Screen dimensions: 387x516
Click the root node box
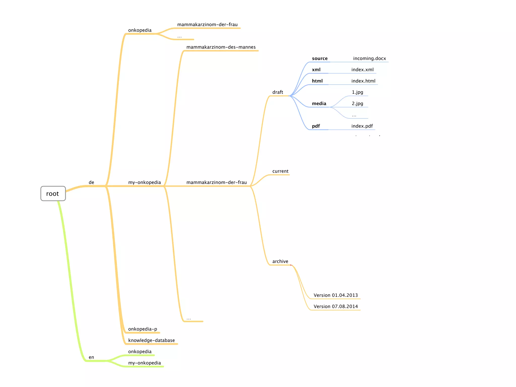[53, 193]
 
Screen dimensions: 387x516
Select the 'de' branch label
[91, 182]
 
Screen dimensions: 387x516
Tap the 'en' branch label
[91, 357]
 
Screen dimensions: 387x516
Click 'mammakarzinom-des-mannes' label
[221, 47]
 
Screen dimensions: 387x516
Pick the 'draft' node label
[278, 92]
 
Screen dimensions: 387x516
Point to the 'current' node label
[280, 171]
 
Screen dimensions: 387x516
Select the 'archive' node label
[280, 262]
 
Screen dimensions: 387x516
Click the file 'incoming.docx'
[369, 58]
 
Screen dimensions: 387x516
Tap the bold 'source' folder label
[320, 58]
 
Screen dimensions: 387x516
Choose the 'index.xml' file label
[362, 70]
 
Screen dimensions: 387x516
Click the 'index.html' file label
[363, 81]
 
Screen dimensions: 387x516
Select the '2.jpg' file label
[357, 104]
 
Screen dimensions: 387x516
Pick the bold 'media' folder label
[319, 104]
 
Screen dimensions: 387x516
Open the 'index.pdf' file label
[362, 126]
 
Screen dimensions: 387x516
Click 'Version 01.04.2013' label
[336, 295]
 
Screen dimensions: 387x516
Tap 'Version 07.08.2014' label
[336, 307]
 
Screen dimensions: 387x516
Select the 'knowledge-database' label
[151, 340]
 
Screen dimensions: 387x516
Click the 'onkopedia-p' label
[143, 329]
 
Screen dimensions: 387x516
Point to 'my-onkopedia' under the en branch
[144, 363]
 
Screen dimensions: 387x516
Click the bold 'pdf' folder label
[316, 126]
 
